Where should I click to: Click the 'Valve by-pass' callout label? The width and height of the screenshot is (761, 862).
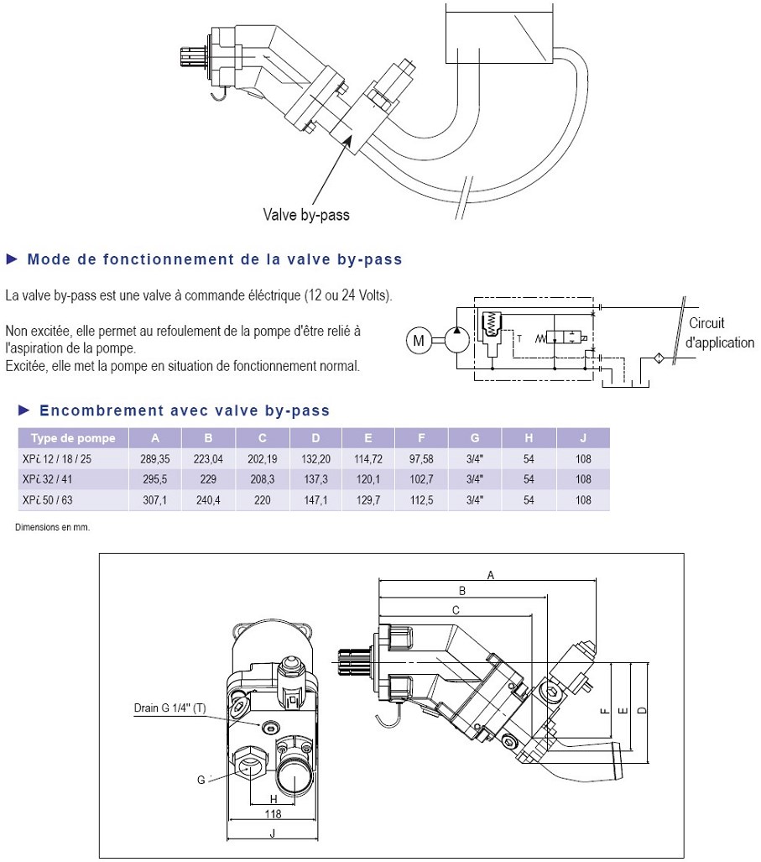point(306,215)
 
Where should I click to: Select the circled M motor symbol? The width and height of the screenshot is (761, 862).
point(418,340)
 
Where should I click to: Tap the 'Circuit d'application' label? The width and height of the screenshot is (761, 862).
point(720,333)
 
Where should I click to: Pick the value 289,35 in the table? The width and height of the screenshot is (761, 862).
point(155,459)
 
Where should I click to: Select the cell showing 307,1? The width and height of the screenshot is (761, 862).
point(155,499)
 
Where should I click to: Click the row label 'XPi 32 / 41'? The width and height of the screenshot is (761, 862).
point(49,479)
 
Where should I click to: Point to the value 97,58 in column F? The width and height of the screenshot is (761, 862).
point(421,459)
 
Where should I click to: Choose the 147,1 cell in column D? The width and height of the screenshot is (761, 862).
point(315,499)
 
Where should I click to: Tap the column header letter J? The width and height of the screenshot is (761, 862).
point(583,438)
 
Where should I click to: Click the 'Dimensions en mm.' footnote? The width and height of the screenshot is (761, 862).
point(52,528)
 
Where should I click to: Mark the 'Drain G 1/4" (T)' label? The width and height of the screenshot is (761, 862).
point(169,708)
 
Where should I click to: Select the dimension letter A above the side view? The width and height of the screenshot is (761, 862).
point(491,575)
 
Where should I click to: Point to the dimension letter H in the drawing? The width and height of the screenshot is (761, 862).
point(274,798)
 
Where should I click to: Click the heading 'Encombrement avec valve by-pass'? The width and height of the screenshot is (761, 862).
point(184,410)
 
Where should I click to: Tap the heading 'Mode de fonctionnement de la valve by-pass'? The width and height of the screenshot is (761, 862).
point(214,259)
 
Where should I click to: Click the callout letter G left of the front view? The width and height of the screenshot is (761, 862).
point(201,780)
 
